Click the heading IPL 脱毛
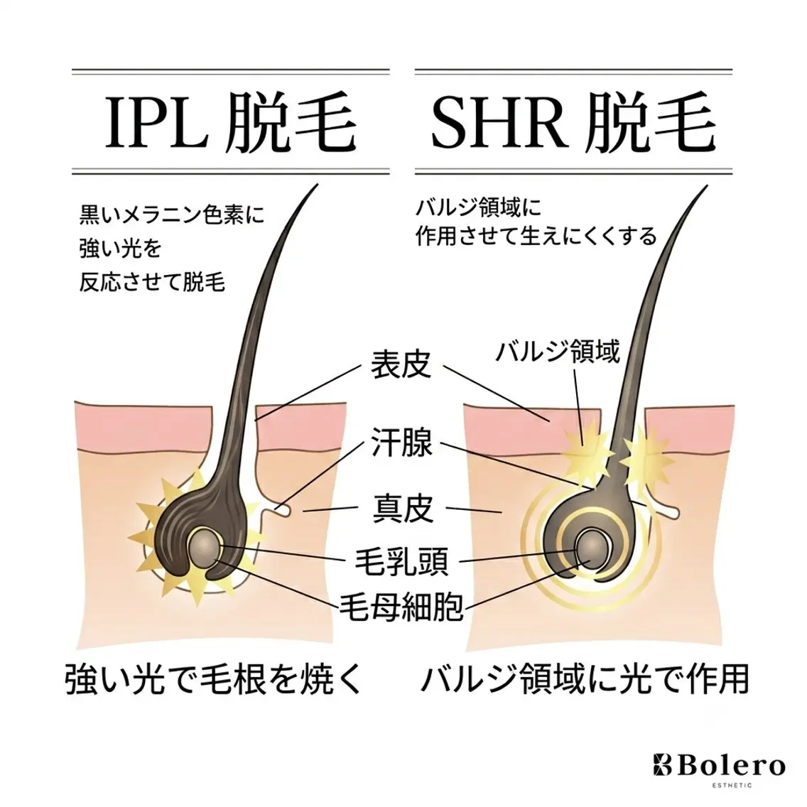(x=231, y=122)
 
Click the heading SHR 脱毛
(x=573, y=122)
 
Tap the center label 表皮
(x=401, y=364)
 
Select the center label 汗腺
(x=401, y=443)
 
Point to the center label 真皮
(x=403, y=508)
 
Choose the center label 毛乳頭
(x=401, y=561)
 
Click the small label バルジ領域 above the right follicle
(x=558, y=352)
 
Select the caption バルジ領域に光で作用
(x=585, y=679)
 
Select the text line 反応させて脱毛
(x=152, y=283)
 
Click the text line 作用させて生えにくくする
(x=536, y=237)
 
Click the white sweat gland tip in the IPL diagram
(x=283, y=510)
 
